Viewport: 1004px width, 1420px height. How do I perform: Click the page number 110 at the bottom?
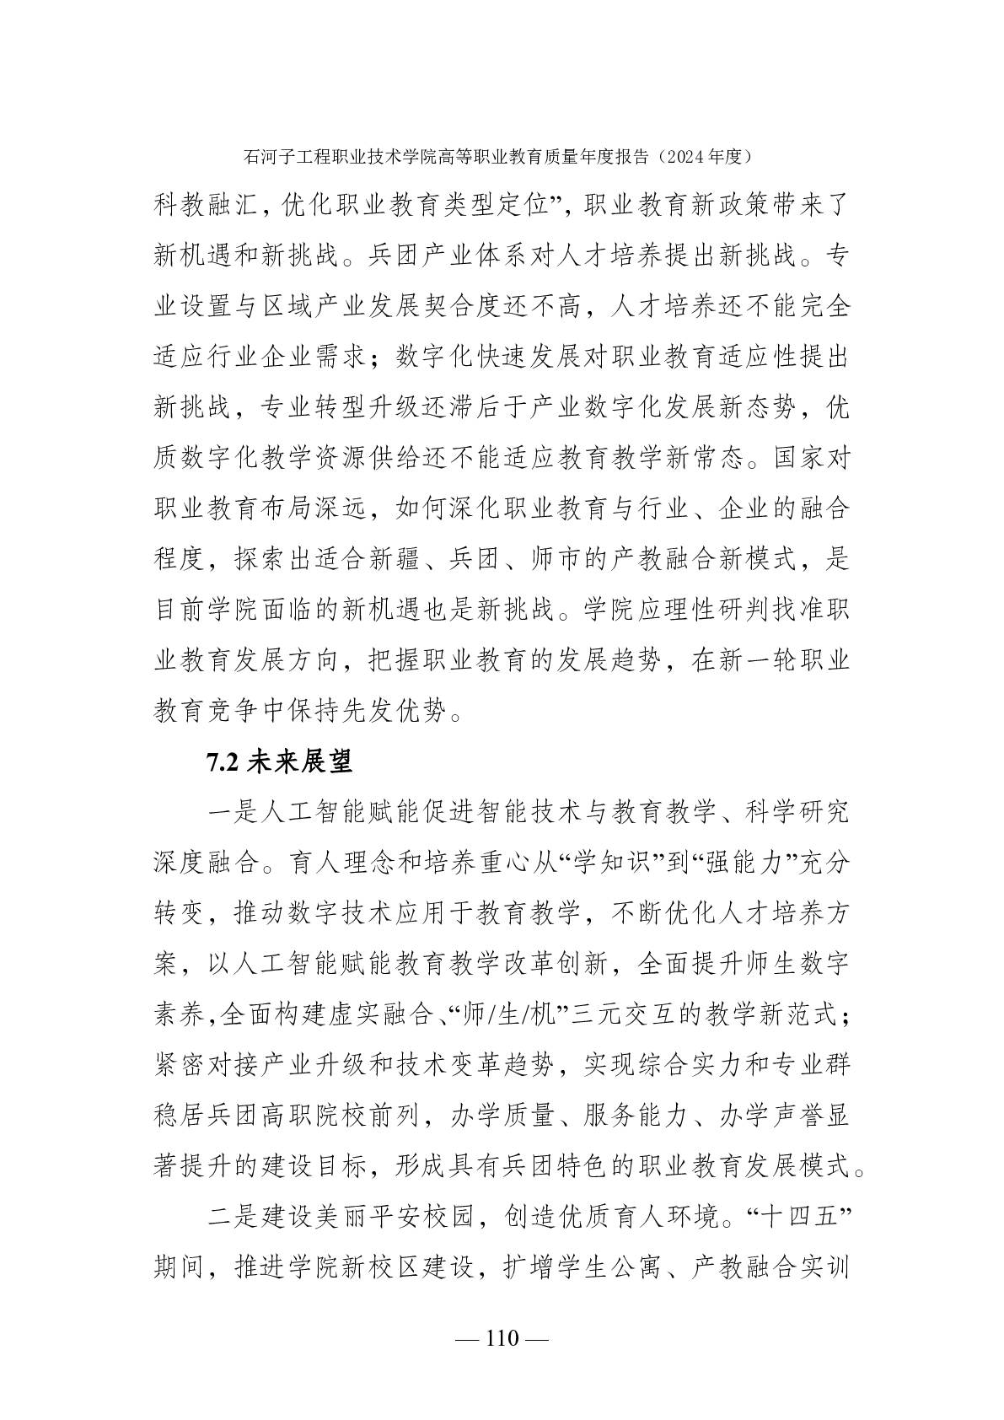[x=502, y=1338]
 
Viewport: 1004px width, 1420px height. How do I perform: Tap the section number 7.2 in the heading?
[x=223, y=762]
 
